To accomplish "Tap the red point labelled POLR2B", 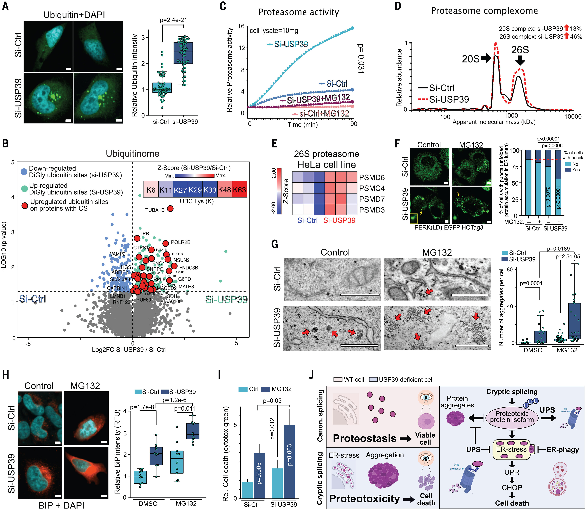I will [x=166, y=243].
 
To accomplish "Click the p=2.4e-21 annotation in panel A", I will [x=173, y=20].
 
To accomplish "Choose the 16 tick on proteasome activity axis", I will [x=241, y=27].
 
